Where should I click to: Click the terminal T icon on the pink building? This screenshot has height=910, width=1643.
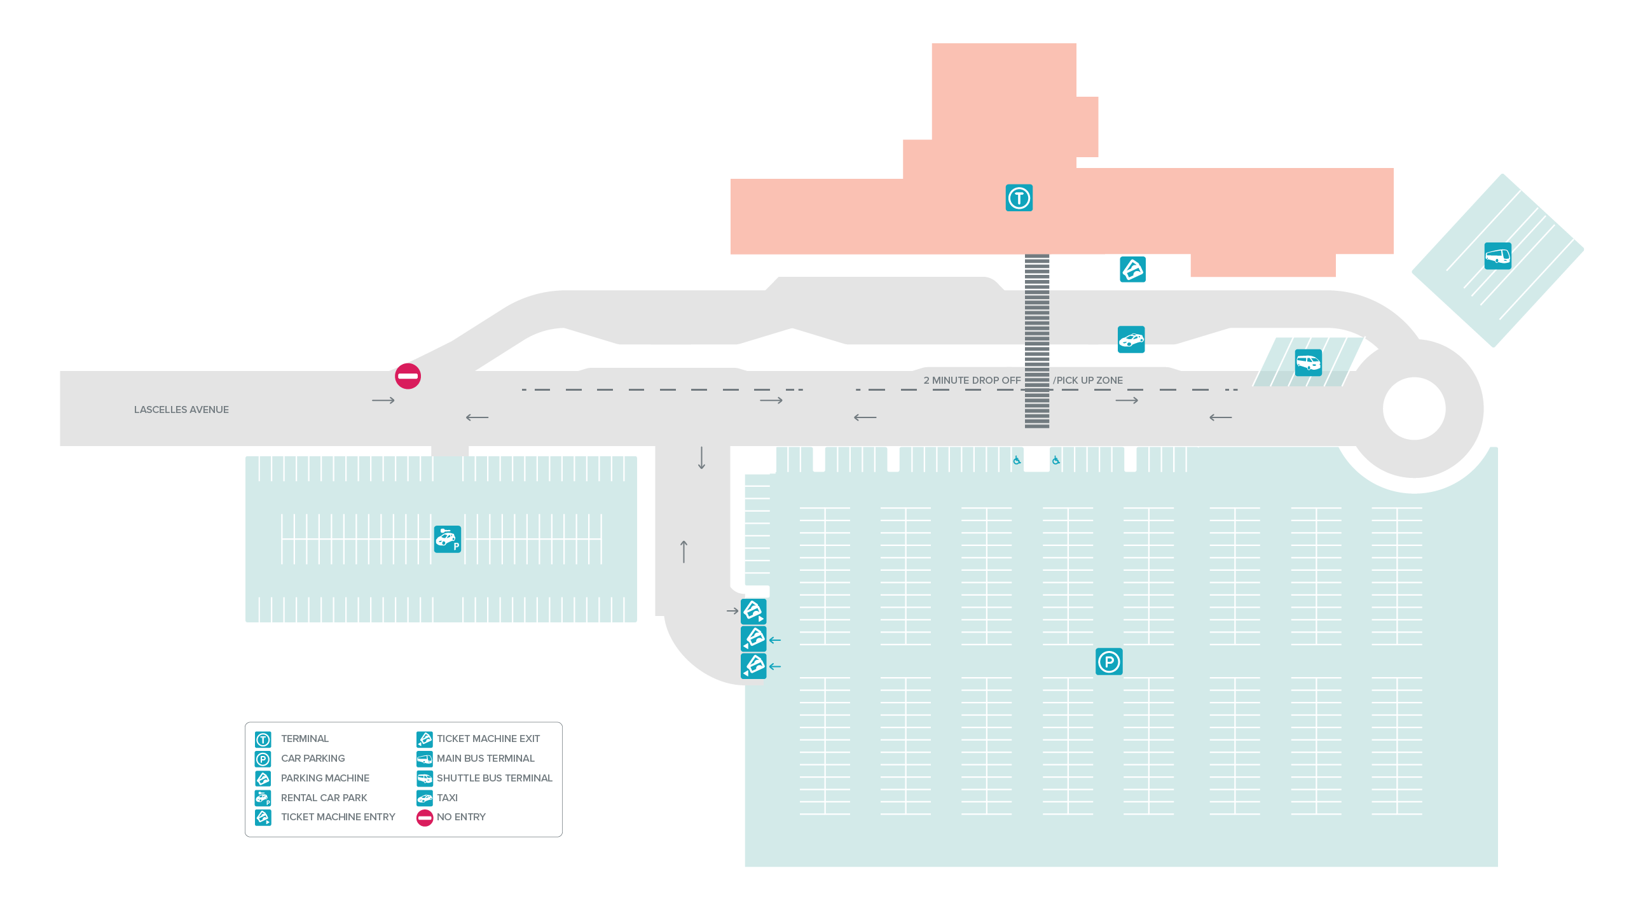point(1019,198)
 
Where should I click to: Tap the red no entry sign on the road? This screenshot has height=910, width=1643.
point(408,376)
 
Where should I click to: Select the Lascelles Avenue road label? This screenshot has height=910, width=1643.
point(181,410)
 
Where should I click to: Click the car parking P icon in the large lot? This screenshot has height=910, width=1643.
point(1108,662)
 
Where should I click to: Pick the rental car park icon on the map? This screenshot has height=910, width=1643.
point(447,539)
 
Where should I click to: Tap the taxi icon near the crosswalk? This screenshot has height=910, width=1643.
point(1131,339)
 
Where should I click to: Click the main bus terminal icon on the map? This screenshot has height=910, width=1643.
point(1497,256)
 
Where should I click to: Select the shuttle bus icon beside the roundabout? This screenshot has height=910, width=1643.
point(1307,363)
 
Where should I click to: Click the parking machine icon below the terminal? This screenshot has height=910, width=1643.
point(1132,269)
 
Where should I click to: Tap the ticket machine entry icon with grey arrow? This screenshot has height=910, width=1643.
point(753,611)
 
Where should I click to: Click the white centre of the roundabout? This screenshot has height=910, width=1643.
point(1413,409)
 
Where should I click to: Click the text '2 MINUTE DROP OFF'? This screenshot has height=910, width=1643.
point(972,381)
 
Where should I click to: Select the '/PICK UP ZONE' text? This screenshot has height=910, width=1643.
point(1088,381)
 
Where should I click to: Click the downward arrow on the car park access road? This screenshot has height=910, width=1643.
point(701,458)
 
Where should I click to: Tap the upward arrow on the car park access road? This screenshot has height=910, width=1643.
point(684,551)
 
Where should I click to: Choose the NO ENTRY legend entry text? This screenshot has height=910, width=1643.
point(460,817)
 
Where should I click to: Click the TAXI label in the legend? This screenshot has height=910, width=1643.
point(446,798)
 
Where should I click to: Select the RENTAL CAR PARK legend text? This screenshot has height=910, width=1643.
point(324,798)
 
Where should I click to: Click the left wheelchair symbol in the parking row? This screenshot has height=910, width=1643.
point(1017,460)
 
